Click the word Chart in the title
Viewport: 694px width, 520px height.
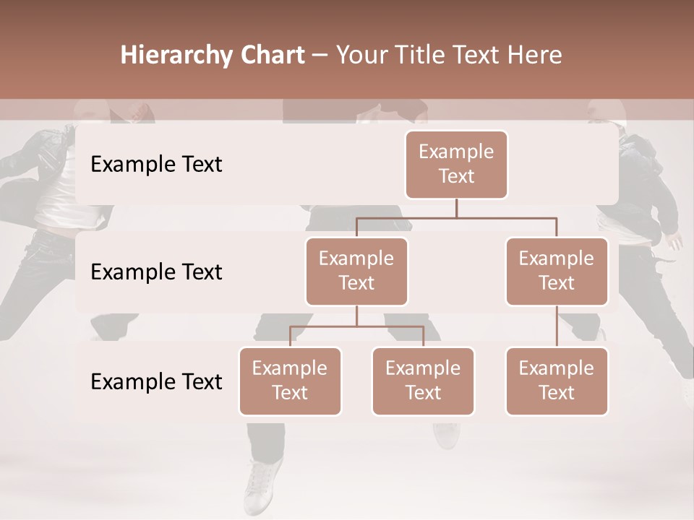271,56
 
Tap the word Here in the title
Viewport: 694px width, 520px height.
536,56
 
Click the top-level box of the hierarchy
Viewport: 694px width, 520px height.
456,165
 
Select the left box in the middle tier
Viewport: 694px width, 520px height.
356,272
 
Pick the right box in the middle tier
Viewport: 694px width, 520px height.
557,272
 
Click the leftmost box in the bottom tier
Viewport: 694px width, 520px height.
290,381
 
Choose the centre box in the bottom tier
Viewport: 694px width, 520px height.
423,381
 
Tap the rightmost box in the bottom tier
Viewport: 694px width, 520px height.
557,381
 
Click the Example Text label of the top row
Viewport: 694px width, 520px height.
156,165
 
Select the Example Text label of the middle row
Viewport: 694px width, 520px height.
156,272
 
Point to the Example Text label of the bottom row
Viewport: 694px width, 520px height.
156,382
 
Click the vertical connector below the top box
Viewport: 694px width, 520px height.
456,208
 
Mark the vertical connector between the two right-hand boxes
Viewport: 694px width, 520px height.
557,326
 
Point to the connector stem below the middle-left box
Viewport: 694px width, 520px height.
356,316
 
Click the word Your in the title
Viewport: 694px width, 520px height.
360,56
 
